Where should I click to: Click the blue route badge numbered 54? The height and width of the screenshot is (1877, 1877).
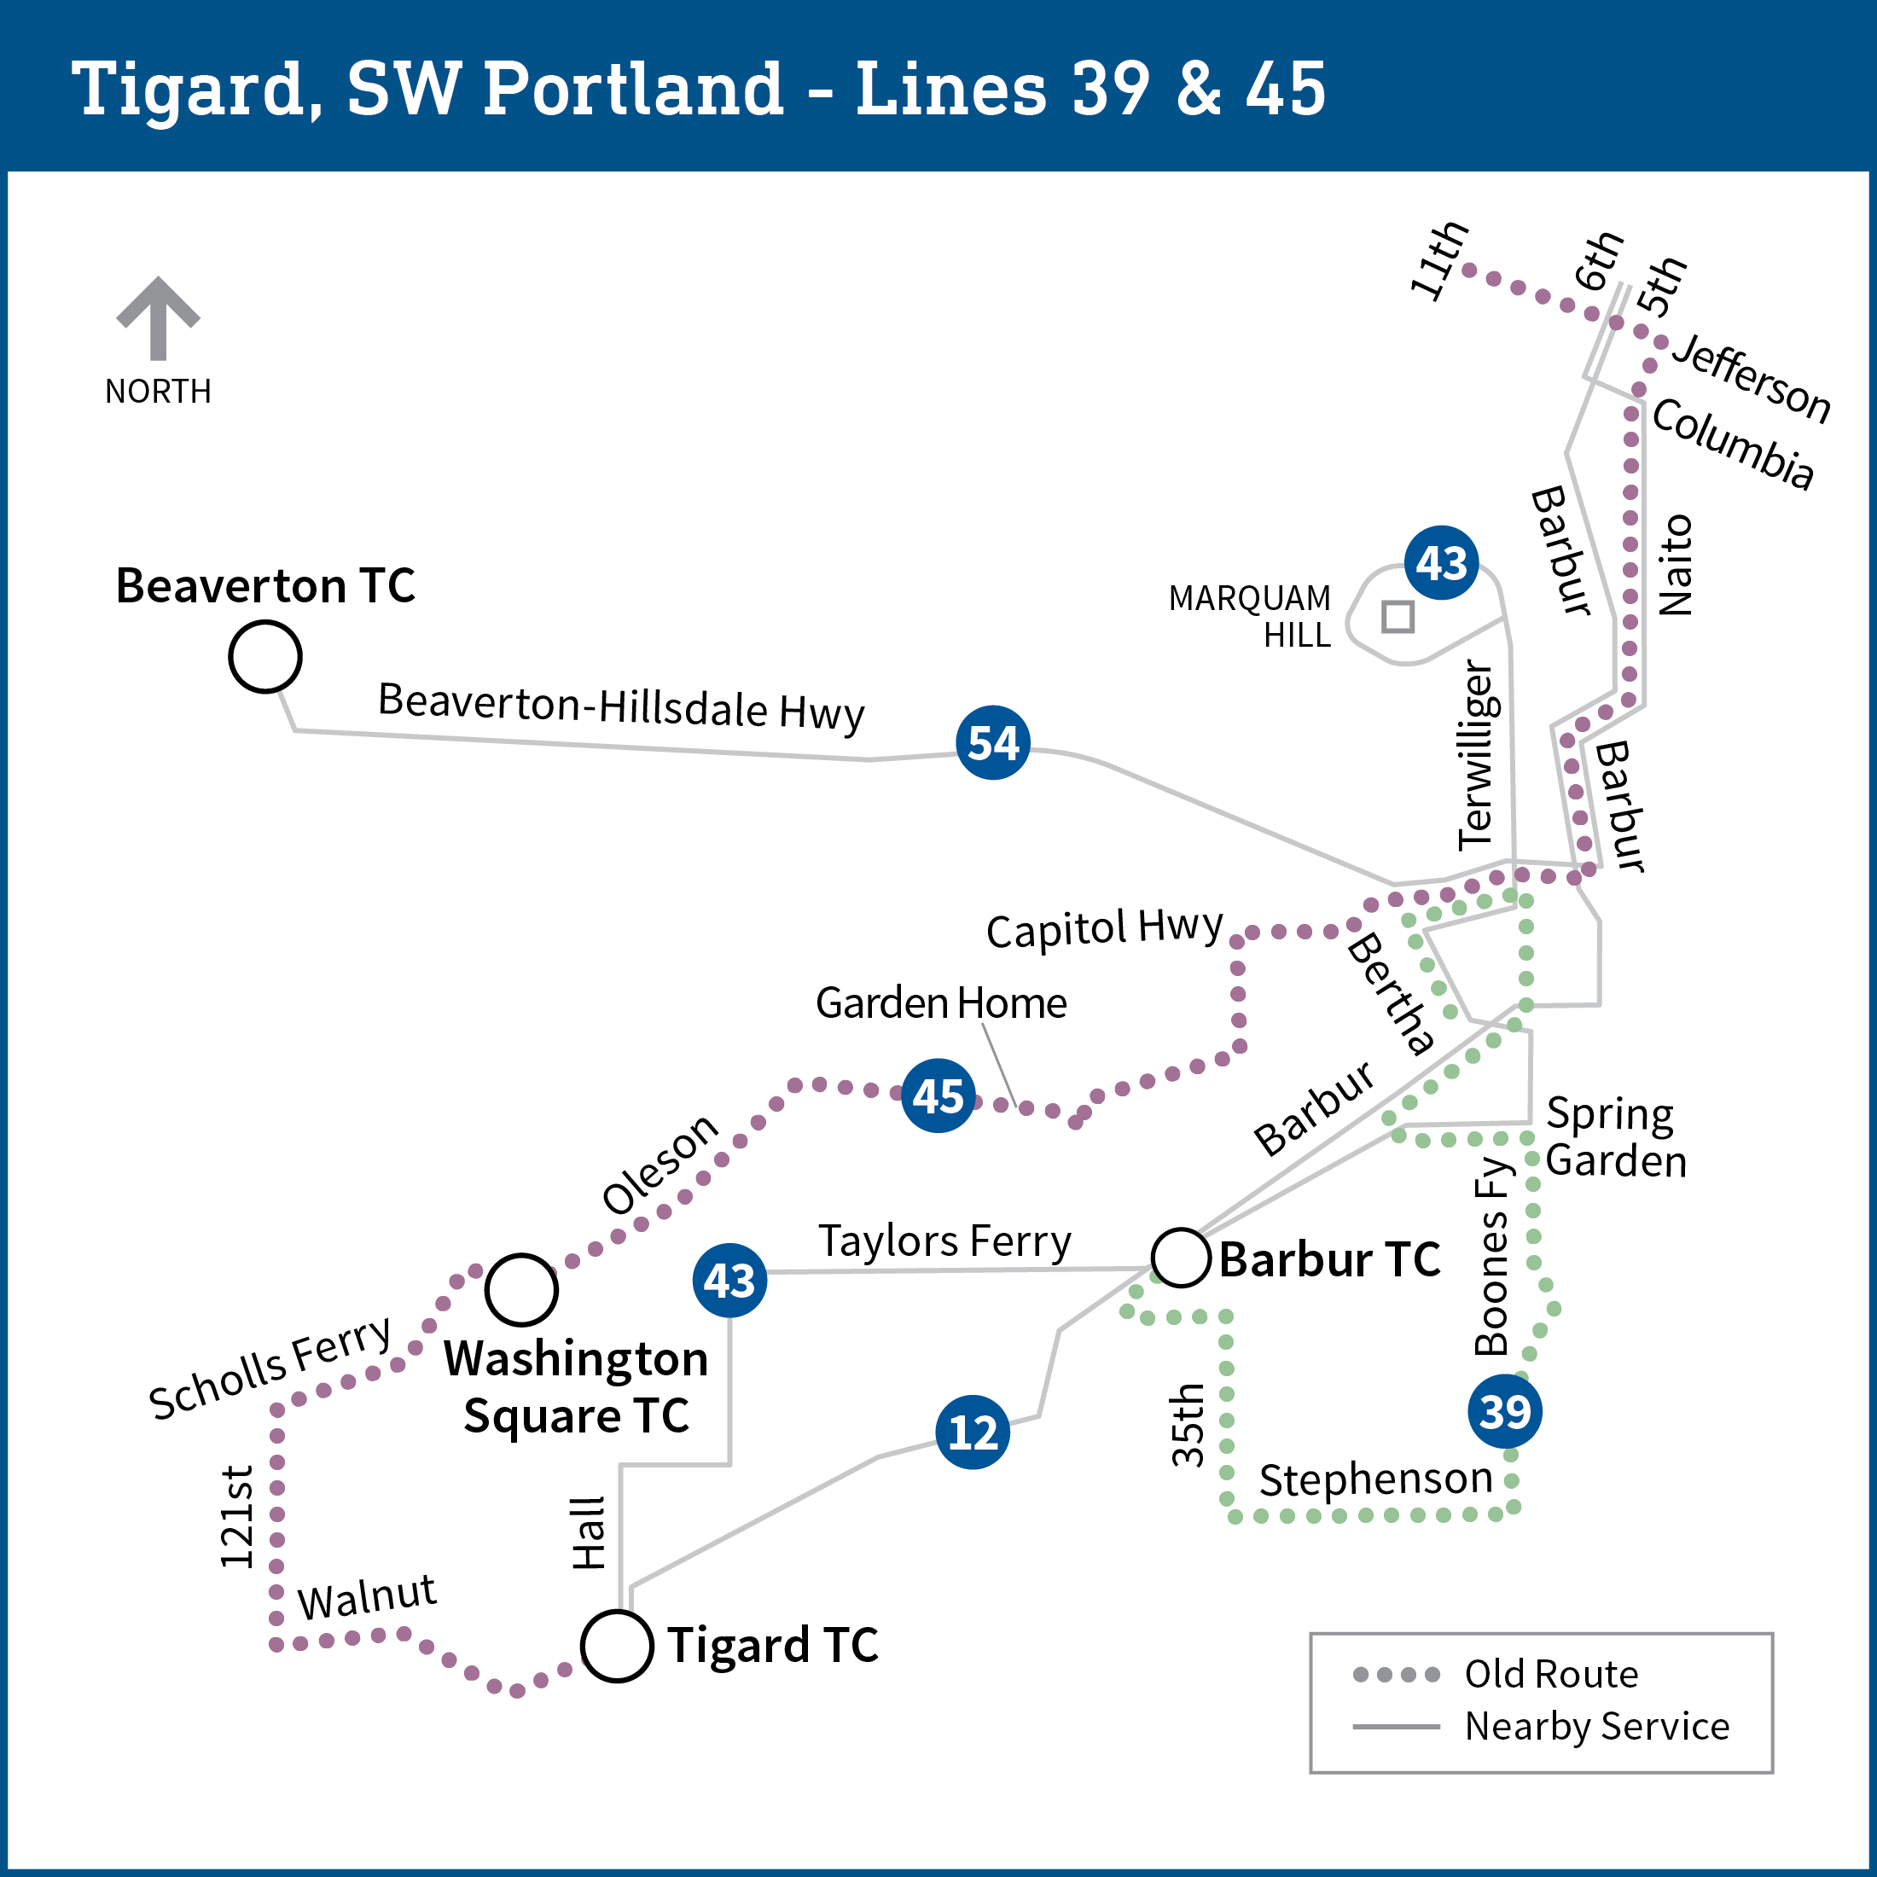click(x=993, y=742)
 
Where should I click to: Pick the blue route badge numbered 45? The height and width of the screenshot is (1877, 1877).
click(x=938, y=1095)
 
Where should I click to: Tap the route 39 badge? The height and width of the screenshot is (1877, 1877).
click(x=1505, y=1410)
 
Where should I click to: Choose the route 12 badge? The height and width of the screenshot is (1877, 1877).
click(x=973, y=1432)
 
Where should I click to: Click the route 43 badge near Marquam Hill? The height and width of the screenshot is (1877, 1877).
click(x=1442, y=562)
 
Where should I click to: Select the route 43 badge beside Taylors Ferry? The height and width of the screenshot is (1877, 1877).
click(x=729, y=1281)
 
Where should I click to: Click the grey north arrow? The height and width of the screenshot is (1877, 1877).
click(x=159, y=317)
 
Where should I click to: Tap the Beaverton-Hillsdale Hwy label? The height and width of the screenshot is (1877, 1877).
click(x=621, y=706)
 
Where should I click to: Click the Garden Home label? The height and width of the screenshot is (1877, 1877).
click(x=940, y=1002)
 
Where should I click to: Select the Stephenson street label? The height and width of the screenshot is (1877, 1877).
click(x=1375, y=1479)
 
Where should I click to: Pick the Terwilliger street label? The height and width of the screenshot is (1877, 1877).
click(x=1478, y=755)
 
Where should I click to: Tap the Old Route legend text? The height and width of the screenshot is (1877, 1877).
click(x=1552, y=1674)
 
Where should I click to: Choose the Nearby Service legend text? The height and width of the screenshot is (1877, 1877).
click(x=1597, y=1726)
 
